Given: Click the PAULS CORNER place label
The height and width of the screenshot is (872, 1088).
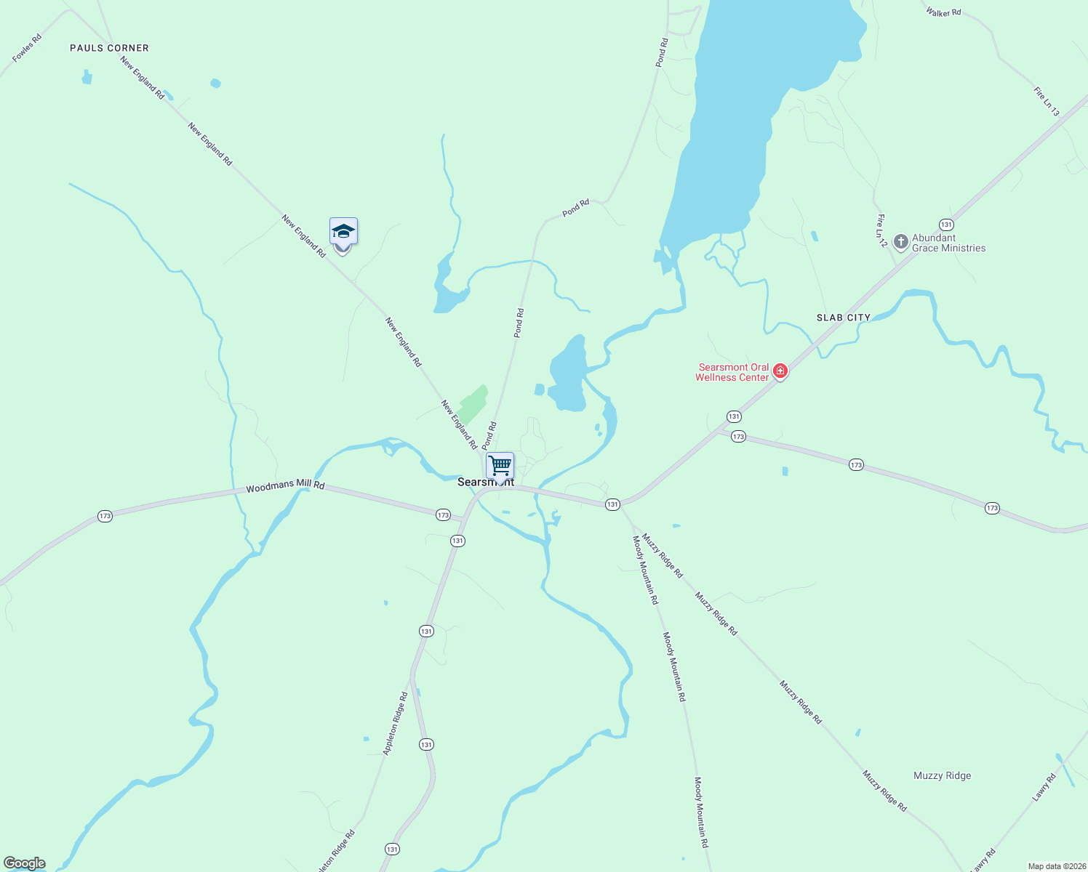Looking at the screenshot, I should coord(109,48).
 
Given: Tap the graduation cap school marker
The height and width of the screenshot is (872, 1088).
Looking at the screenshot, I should coord(343,233).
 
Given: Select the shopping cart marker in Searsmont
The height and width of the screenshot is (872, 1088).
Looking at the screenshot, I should coord(500,466).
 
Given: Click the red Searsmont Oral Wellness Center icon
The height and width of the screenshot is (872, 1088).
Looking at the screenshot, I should coord(780,372).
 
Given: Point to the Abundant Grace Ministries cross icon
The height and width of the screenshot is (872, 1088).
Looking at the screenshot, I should coord(901,241).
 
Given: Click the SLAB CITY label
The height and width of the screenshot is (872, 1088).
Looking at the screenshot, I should coord(843,318).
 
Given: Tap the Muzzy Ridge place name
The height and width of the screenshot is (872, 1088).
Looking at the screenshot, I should coord(942,775).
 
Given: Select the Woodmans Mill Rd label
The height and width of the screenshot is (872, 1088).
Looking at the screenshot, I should coord(285,487).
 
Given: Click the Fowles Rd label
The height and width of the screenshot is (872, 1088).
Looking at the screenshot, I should coord(27,48).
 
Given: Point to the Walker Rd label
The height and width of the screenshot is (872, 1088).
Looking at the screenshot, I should coord(943,12).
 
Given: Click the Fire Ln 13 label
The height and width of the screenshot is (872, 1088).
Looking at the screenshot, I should coord(1047,101).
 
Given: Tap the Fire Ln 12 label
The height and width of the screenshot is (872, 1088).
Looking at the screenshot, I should coord(881,230).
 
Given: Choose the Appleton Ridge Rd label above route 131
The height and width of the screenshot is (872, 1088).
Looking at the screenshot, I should coord(395,723).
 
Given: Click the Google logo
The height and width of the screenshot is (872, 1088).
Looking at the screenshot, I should coord(25,863).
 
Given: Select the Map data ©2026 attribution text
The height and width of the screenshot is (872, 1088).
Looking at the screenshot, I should coord(1056,866).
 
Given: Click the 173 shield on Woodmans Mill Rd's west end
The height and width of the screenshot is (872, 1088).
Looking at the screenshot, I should coord(105,516).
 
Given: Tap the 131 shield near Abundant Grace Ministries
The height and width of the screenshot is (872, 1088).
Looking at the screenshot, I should coord(945,225).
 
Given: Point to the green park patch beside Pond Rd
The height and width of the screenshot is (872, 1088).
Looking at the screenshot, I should coord(472,403).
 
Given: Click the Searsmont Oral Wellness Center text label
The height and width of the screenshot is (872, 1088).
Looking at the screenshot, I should coord(732,372).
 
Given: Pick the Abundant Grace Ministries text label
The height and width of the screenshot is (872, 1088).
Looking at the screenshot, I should coord(948,243).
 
